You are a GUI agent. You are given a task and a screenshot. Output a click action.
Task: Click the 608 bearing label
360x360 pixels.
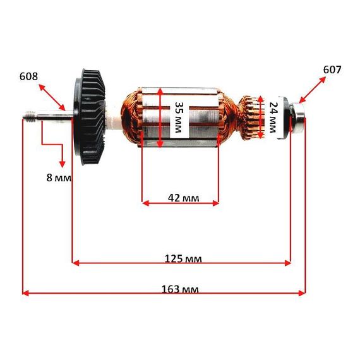[x=28, y=76]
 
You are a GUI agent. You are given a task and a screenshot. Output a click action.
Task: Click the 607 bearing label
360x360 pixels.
[x=332, y=69]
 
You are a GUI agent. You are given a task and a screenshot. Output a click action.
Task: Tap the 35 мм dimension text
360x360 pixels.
[x=179, y=117]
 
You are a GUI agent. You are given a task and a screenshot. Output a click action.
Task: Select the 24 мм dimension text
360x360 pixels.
[x=273, y=117]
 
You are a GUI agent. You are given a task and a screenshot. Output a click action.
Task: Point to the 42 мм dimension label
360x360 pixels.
[x=183, y=198]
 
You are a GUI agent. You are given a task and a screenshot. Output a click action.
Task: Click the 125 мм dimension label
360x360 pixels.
[x=183, y=259]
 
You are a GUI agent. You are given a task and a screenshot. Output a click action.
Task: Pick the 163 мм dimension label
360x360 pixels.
[x=180, y=289]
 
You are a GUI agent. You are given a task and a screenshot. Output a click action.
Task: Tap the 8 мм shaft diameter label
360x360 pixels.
[x=59, y=177]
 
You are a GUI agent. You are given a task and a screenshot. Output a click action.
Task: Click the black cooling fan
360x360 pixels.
[x=89, y=117]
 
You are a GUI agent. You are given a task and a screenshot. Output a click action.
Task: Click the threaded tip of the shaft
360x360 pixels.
[x=30, y=115]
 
